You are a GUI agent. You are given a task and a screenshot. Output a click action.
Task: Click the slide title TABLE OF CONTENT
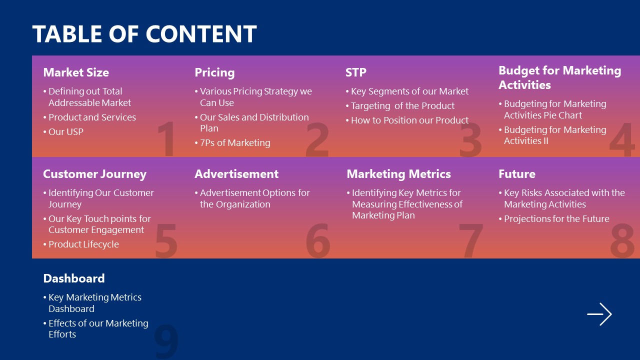144,34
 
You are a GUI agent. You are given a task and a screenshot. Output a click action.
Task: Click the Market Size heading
76,72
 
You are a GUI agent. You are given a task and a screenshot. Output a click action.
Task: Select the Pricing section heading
214,72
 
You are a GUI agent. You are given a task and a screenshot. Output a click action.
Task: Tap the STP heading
356,72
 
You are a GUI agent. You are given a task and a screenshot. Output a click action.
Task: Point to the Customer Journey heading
94,174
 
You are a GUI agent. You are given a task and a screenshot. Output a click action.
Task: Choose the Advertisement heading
236,174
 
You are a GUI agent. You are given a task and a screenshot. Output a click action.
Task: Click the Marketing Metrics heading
398,174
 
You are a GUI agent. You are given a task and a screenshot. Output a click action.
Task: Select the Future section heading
516,174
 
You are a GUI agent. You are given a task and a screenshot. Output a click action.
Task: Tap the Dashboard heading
74,278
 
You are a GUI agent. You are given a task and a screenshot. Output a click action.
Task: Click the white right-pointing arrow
599,314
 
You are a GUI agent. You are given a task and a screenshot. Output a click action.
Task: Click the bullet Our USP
65,132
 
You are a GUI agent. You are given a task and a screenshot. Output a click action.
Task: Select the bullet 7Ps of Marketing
234,143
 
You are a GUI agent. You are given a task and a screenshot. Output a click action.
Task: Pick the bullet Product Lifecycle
83,244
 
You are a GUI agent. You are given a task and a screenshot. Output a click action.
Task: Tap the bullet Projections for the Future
556,219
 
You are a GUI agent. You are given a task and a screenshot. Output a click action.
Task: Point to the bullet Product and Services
92,117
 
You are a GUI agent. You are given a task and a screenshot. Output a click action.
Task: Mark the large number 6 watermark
318,241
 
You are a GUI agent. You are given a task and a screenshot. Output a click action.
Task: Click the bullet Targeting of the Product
402,106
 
